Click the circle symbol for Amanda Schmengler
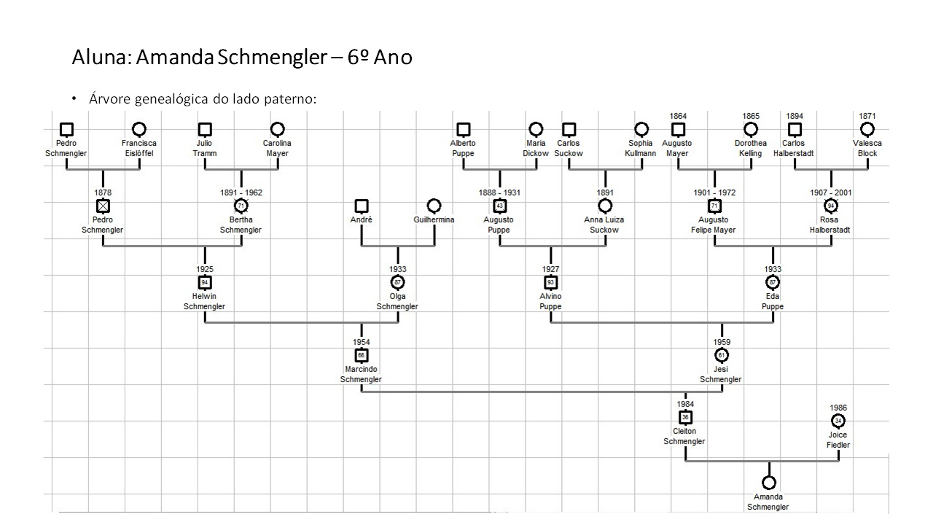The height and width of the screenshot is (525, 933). [768, 483]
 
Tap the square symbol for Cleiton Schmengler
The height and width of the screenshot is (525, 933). [685, 418]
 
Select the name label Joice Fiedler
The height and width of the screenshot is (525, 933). [838, 440]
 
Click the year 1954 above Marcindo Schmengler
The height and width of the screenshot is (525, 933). [362, 342]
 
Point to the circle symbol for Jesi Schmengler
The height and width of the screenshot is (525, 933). [722, 355]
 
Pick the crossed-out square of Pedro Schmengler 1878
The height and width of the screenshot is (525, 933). [103, 206]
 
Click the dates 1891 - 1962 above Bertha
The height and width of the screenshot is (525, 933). [241, 192]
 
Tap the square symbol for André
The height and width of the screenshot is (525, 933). [362, 206]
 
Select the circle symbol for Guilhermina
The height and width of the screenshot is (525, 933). [434, 206]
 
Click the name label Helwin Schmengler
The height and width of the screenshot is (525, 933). [204, 301]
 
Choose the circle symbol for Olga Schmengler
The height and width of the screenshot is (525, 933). [397, 282]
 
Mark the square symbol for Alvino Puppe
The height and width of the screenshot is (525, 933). [551, 282]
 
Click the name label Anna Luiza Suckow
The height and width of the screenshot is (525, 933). [604, 225]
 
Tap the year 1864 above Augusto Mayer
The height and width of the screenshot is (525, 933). [678, 116]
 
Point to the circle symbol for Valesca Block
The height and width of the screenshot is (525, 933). [867, 129]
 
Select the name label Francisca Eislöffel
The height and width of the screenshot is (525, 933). [139, 148]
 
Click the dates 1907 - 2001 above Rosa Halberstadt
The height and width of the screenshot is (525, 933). [830, 192]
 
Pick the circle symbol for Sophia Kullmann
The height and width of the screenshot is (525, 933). [641, 129]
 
